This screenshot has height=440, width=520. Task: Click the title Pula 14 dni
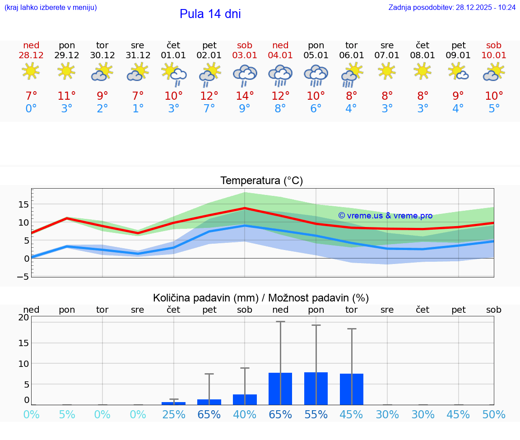[x=210, y=14]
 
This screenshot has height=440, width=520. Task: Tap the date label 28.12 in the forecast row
[x=31, y=56]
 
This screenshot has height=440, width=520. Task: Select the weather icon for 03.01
[x=245, y=74]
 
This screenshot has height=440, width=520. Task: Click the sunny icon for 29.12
[x=67, y=71]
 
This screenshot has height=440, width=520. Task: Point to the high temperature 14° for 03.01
[x=245, y=96]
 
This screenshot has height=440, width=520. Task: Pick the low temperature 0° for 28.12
[x=31, y=109]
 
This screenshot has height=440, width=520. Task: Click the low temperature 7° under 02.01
[x=209, y=109]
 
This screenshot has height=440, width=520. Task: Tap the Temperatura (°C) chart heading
[x=261, y=181]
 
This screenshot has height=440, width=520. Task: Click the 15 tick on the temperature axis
[x=23, y=204]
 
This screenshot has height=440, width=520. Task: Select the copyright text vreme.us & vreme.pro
[x=385, y=216]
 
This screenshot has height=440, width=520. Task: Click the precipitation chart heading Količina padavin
[x=261, y=298]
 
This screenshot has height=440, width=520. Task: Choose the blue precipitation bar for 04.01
[x=280, y=389]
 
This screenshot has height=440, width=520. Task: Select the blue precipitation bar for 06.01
[x=352, y=389]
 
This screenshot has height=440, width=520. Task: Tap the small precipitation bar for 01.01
[x=174, y=403]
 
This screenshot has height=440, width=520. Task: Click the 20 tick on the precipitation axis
[x=23, y=318]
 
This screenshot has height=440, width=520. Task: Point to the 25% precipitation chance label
[x=174, y=415]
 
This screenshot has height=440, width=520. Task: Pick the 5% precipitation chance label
[x=67, y=415]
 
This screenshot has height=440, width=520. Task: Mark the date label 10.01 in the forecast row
[x=494, y=56]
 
